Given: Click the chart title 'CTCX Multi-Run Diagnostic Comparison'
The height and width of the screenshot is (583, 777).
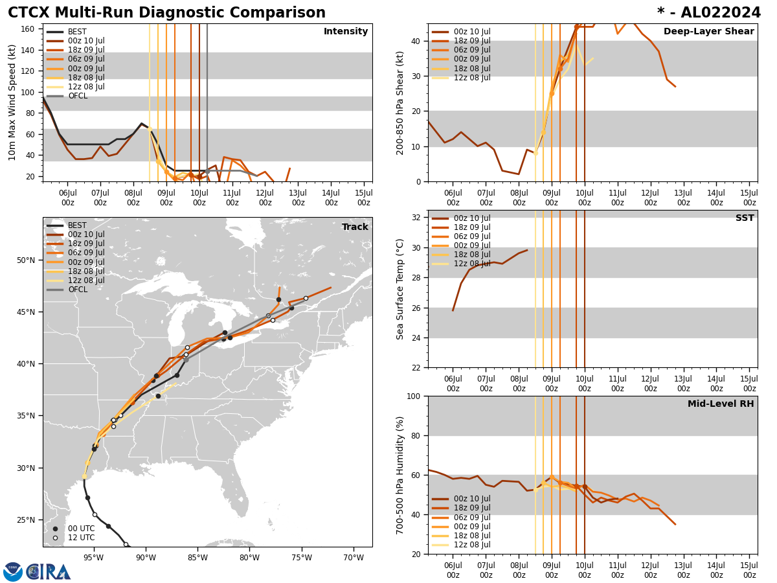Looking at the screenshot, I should click(166, 13).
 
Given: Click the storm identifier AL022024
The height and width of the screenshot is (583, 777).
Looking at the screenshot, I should click(709, 13).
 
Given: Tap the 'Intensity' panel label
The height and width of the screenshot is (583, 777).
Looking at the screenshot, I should click(346, 32).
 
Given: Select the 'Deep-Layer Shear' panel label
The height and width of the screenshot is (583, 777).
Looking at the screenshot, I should click(708, 32).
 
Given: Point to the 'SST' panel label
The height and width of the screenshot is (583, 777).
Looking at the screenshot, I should click(745, 218).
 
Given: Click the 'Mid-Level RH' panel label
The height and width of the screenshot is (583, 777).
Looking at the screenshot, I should click(721, 404).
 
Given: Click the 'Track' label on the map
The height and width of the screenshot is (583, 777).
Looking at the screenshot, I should click(355, 227).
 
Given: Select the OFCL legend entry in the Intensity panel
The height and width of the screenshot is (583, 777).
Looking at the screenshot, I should click(77, 96).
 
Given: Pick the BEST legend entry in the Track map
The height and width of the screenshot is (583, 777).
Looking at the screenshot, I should click(77, 225).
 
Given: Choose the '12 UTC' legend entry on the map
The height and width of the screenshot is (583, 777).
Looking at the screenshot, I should click(82, 538).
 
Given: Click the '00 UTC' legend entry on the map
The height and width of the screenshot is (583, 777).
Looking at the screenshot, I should click(82, 529).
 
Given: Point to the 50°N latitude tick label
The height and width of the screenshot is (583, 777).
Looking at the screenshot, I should click(25, 260).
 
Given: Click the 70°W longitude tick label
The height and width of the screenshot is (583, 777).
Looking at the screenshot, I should click(354, 556).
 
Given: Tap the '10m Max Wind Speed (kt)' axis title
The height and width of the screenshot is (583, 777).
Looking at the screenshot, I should click(12, 102).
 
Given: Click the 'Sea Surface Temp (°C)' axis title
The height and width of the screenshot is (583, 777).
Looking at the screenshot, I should click(400, 289).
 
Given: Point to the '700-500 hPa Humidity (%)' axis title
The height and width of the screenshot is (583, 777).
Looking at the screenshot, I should click(400, 475).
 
